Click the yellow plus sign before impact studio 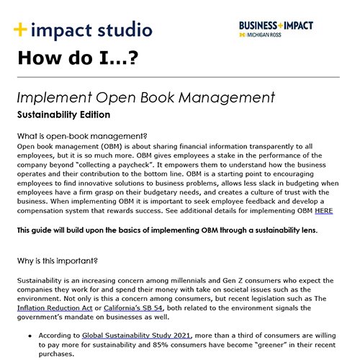[x=22, y=30]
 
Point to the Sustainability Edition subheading [x=63, y=114]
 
